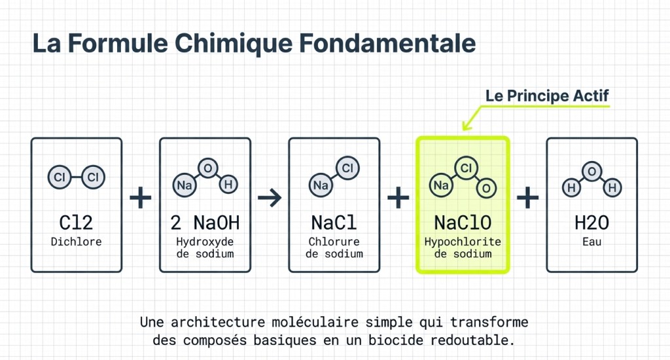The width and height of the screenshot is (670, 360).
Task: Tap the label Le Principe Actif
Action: click(547, 96)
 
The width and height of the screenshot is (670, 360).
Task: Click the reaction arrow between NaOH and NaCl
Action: click(269, 198)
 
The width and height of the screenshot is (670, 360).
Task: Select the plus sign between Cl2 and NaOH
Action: click(140, 198)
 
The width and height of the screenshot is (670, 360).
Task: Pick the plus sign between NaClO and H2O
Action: click(527, 198)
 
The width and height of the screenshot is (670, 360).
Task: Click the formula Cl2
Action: click(76, 223)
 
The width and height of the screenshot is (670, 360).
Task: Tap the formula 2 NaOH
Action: click(205, 223)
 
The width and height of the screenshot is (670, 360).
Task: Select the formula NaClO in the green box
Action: click(463, 223)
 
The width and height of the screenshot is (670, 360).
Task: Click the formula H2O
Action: click(591, 223)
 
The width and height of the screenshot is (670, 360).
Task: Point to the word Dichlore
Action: click(76, 242)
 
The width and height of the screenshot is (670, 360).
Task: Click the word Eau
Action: click(591, 242)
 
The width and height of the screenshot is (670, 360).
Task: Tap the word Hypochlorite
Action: click(463, 242)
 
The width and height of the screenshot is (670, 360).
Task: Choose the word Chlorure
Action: click(334, 242)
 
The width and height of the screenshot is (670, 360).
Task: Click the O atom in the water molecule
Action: click(591, 172)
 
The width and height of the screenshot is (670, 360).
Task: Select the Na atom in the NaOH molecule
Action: click(183, 185)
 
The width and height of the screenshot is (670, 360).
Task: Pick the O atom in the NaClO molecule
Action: click(485, 189)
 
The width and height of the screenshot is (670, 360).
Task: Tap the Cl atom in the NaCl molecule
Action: click(347, 169)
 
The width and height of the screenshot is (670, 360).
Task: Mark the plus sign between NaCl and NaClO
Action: click(398, 198)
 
